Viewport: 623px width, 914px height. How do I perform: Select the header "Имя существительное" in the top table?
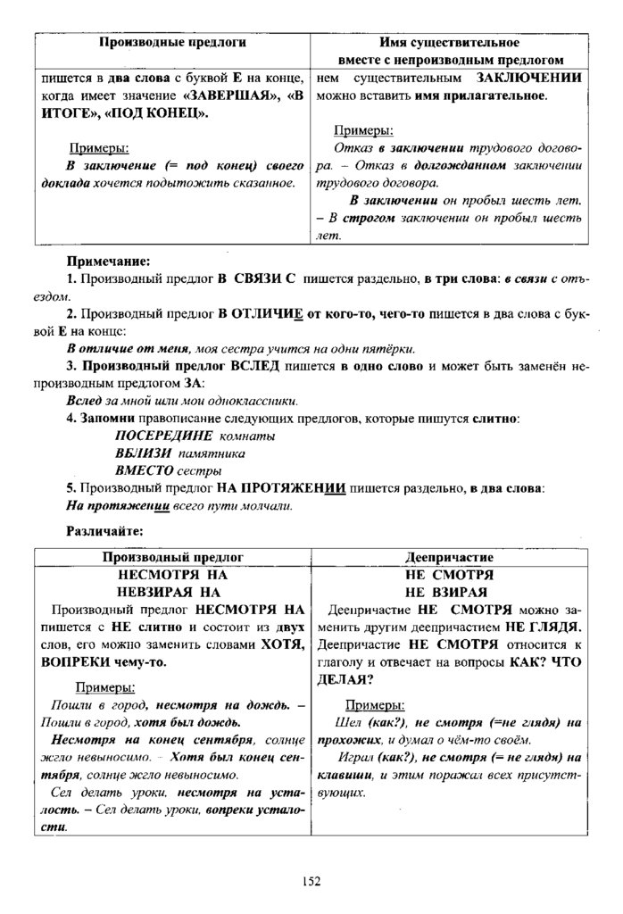pos(449,43)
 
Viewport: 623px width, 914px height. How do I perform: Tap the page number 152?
pos(311,882)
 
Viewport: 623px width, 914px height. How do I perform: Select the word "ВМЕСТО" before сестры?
pos(145,470)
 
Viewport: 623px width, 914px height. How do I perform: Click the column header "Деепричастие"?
pos(449,558)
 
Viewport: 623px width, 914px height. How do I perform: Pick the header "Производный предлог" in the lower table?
pos(173,558)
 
